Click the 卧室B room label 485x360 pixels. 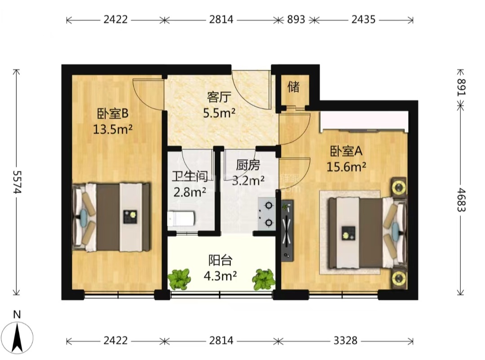pos(113,114)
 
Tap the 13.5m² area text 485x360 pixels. pos(113,129)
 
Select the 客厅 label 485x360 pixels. pos(219,97)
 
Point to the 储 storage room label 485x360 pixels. pos(294,87)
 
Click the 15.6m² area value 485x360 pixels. pos(346,167)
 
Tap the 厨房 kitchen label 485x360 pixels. pos(248,165)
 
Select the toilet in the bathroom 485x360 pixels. pos(181,219)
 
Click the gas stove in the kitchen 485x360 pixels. pos(267,214)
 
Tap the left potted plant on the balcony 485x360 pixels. pos(179,279)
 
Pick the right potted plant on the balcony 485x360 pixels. pos(264,279)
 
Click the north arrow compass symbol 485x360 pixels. pos(18,338)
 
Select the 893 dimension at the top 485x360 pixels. pos(296,19)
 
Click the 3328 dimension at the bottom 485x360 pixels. pos(345,341)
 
